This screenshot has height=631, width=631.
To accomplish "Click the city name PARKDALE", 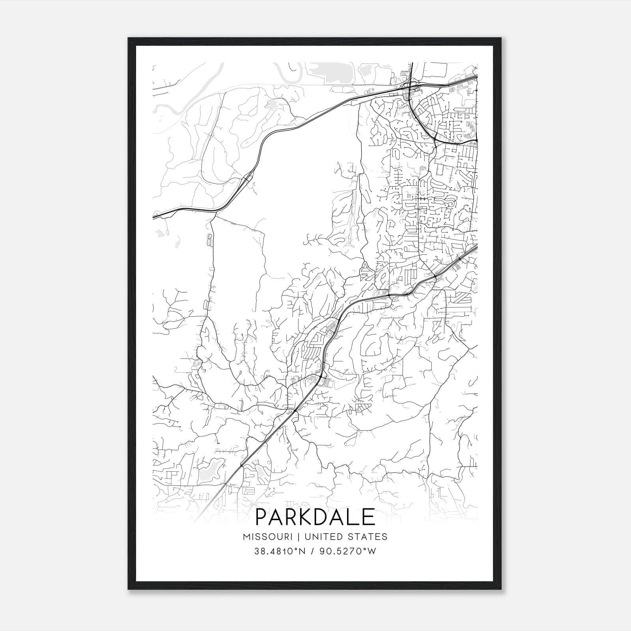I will (x=315, y=517).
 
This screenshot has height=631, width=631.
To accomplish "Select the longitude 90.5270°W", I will (x=348, y=551).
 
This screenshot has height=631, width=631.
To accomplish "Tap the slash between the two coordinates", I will (x=312, y=551).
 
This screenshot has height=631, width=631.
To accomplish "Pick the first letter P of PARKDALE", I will (x=262, y=517).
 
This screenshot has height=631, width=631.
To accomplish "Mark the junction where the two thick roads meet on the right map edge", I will (x=476, y=140).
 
